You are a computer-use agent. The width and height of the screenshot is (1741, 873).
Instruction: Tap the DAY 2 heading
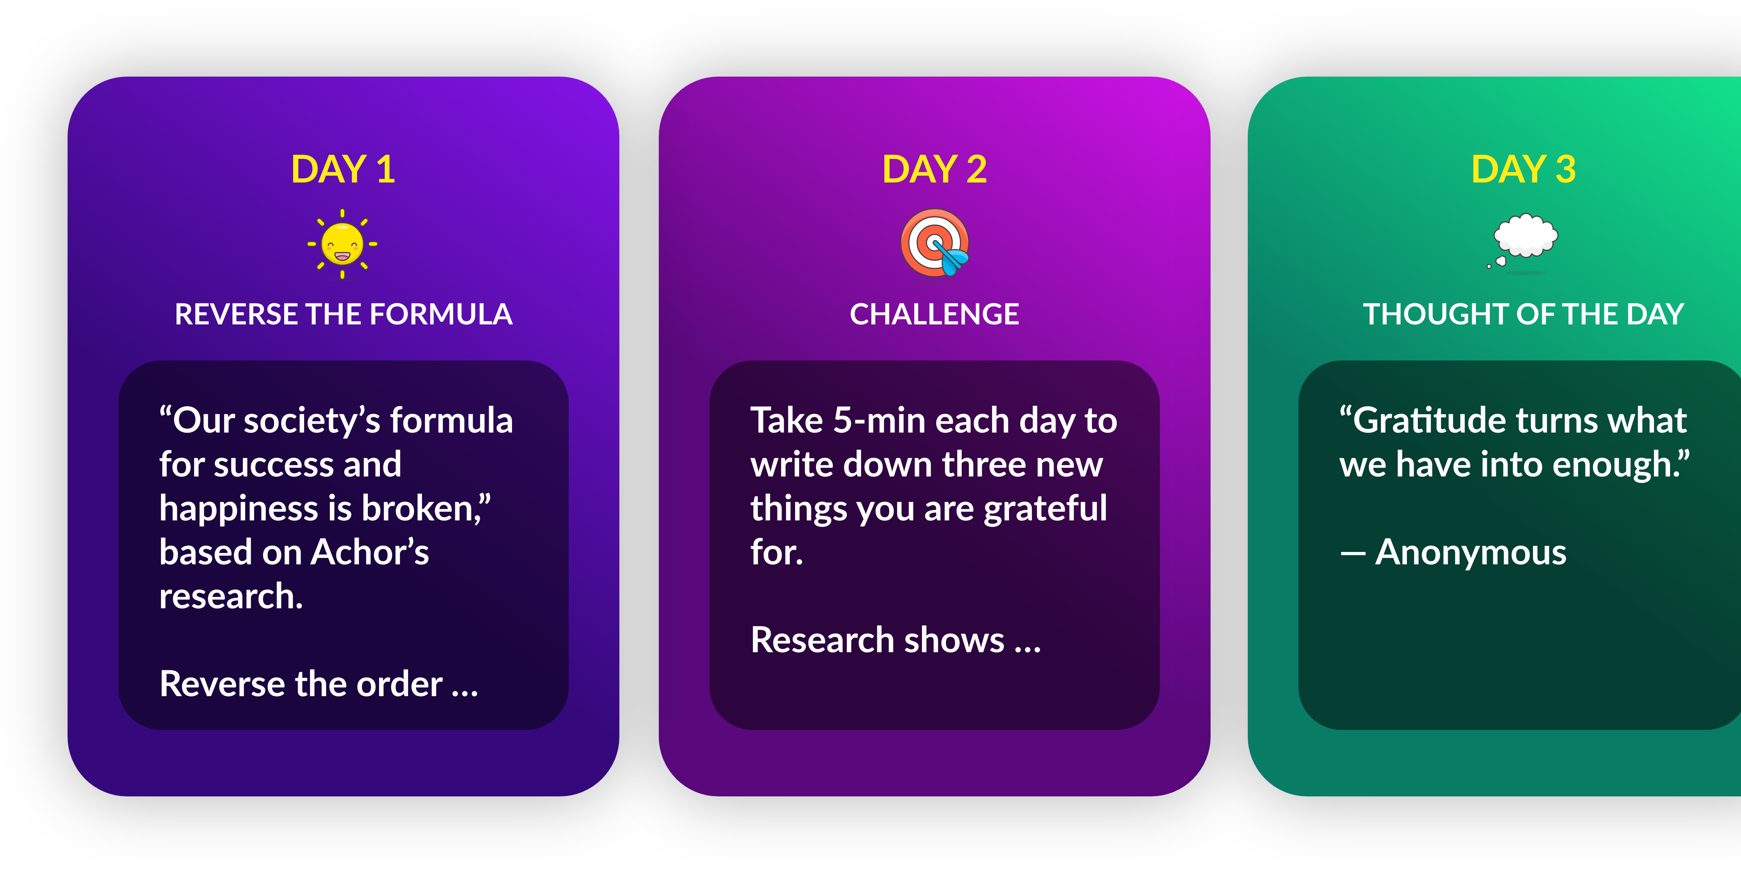tap(935, 169)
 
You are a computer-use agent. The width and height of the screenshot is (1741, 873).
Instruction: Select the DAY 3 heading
tap(1523, 169)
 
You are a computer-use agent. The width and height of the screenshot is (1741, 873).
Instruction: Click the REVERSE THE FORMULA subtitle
tap(343, 314)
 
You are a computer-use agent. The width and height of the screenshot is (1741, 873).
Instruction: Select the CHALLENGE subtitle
tap(935, 314)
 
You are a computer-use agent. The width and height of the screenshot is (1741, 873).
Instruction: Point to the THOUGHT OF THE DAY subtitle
tap(1523, 314)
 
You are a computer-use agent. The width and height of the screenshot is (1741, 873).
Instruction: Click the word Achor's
tap(370, 552)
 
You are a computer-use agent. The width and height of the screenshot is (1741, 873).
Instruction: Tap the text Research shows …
tap(896, 640)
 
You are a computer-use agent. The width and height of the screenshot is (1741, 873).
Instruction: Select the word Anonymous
tap(1471, 552)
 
